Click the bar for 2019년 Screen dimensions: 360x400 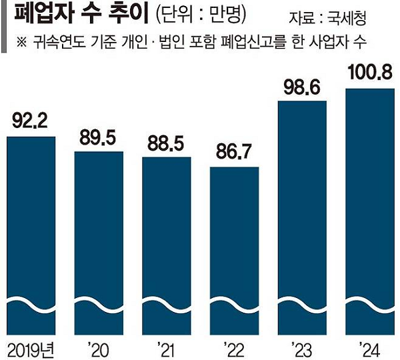pyautogui.click(x=31, y=233)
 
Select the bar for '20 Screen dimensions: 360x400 pyautogui.click(x=99, y=240)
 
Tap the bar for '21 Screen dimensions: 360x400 pyautogui.click(x=166, y=243)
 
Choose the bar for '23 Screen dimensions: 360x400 pyautogui.click(x=302, y=213)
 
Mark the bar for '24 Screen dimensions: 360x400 pyautogui.click(x=369, y=207)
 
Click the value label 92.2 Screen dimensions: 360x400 pyautogui.click(x=31, y=122)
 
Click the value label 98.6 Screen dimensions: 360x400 pyautogui.click(x=302, y=87)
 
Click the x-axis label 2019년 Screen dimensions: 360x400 pyautogui.click(x=31, y=347)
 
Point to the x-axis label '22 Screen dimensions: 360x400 pyautogui.click(x=234, y=347)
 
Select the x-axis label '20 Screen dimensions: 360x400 pyautogui.click(x=99, y=347)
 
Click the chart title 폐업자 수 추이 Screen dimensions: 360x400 pyautogui.click(x=73, y=15)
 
